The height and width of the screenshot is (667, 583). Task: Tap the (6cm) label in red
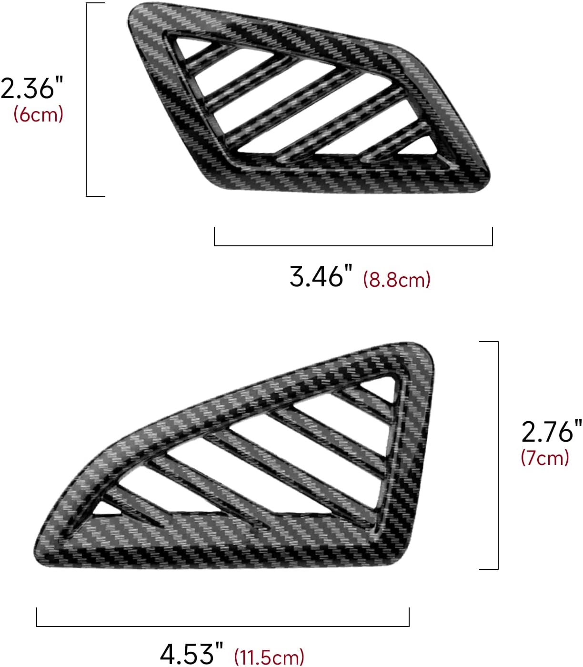[38, 114]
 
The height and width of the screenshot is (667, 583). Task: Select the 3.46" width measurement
[321, 276]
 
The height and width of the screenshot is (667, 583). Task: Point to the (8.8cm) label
[396, 279]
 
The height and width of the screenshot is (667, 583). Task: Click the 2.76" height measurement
[551, 432]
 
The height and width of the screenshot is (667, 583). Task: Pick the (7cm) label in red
[545, 457]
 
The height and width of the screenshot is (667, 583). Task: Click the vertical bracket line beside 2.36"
[87, 99]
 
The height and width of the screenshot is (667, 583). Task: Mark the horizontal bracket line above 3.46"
[353, 245]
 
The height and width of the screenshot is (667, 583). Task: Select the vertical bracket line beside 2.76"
[498, 455]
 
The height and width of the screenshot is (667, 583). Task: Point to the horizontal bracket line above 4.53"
[222, 626]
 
